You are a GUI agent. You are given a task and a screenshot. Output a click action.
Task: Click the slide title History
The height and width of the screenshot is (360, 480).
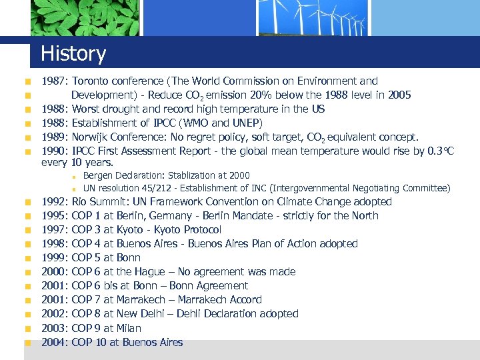pyautogui.click(x=73, y=53)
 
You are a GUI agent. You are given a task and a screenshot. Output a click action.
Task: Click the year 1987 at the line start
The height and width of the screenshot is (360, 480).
pyautogui.click(x=53, y=81)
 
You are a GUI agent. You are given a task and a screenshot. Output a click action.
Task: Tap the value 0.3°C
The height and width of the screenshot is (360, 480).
pyautogui.click(x=441, y=151)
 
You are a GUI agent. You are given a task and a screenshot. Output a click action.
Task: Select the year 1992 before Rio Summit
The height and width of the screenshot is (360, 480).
pyautogui.click(x=53, y=201)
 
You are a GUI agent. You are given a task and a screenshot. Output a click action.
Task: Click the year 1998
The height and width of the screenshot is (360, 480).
pyautogui.click(x=53, y=243)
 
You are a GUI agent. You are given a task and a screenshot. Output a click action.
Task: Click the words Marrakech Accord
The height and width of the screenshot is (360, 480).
pyautogui.click(x=220, y=299)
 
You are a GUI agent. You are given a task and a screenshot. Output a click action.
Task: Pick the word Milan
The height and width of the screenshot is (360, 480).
pyautogui.click(x=130, y=328)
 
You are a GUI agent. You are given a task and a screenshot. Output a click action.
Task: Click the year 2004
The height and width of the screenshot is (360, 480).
pyautogui.click(x=53, y=342)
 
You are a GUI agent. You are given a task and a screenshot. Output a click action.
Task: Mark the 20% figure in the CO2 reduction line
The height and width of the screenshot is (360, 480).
pyautogui.click(x=262, y=95)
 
